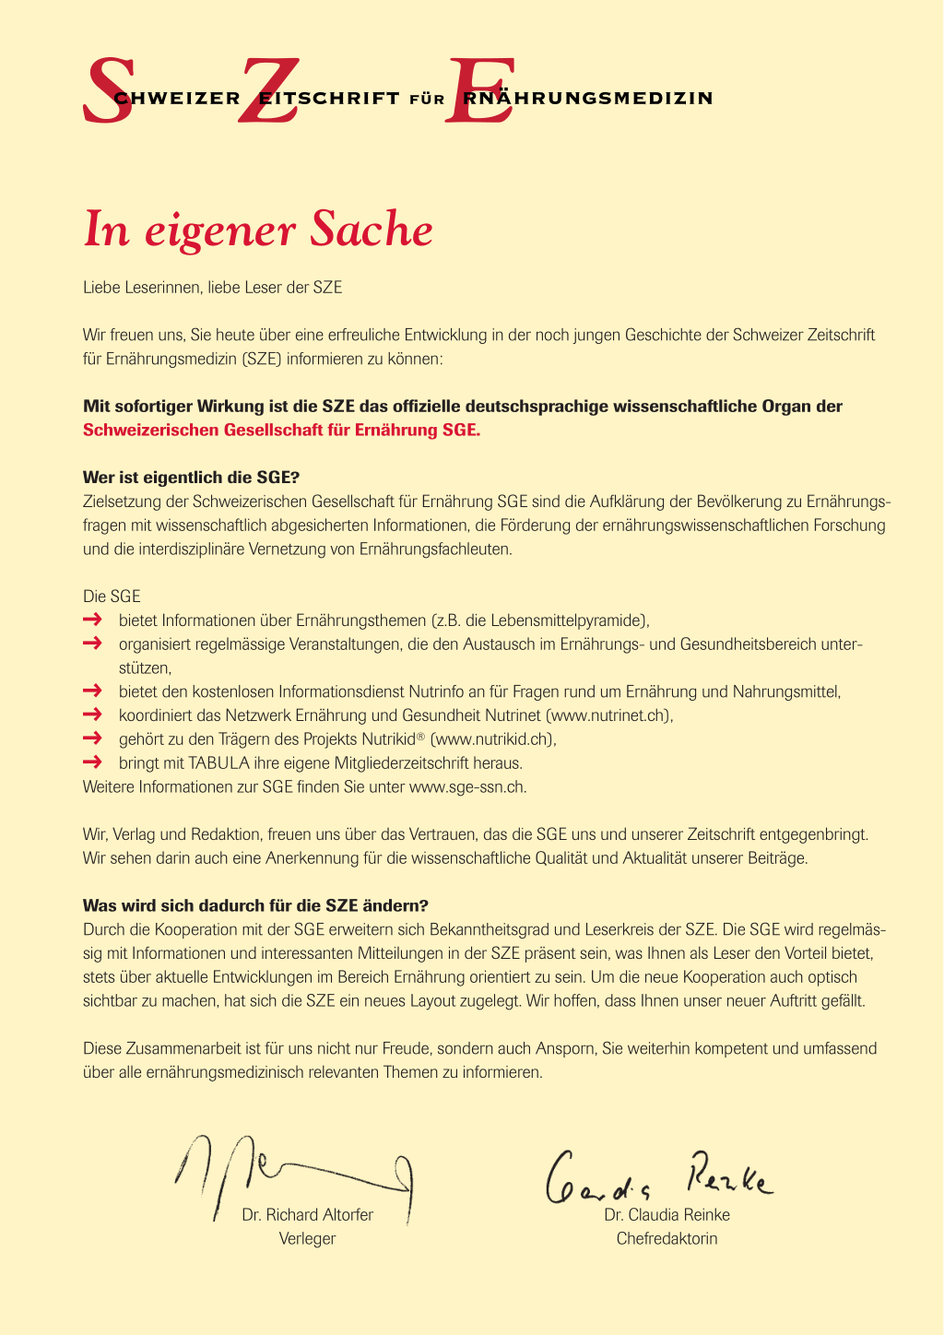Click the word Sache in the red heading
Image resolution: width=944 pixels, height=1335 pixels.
[371, 230]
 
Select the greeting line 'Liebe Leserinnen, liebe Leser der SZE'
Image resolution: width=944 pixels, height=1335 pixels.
[212, 288]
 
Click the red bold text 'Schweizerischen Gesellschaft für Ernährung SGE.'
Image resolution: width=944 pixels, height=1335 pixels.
[281, 430]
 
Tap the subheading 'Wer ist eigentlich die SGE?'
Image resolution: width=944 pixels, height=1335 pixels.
[192, 478]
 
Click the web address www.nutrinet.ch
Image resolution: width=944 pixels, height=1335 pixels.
[608, 715]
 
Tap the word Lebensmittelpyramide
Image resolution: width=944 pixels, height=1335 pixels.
[563, 620]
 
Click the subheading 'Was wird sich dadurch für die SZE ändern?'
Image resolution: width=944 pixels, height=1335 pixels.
[255, 905]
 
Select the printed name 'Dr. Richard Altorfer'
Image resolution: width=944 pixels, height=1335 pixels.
[307, 1215]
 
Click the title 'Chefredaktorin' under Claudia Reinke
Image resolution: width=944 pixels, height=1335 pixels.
[667, 1239]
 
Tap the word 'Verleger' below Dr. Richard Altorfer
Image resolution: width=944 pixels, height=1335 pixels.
[307, 1239]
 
